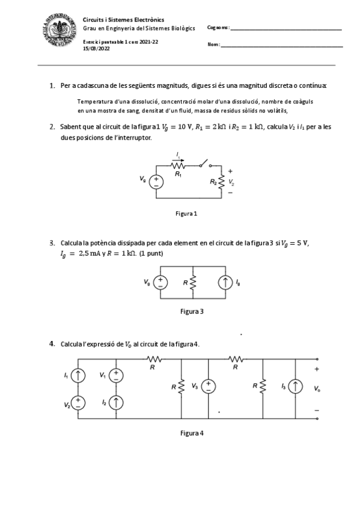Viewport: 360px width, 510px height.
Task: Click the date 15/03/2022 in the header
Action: tap(96, 48)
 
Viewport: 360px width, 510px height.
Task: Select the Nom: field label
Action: tap(213, 45)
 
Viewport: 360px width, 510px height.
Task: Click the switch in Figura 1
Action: tap(206, 164)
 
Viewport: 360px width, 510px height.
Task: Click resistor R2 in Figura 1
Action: tap(221, 180)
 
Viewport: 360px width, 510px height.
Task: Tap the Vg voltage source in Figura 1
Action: tap(156, 180)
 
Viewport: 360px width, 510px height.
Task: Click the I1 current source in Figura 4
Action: tap(78, 375)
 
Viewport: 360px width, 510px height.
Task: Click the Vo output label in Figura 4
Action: tap(317, 389)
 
